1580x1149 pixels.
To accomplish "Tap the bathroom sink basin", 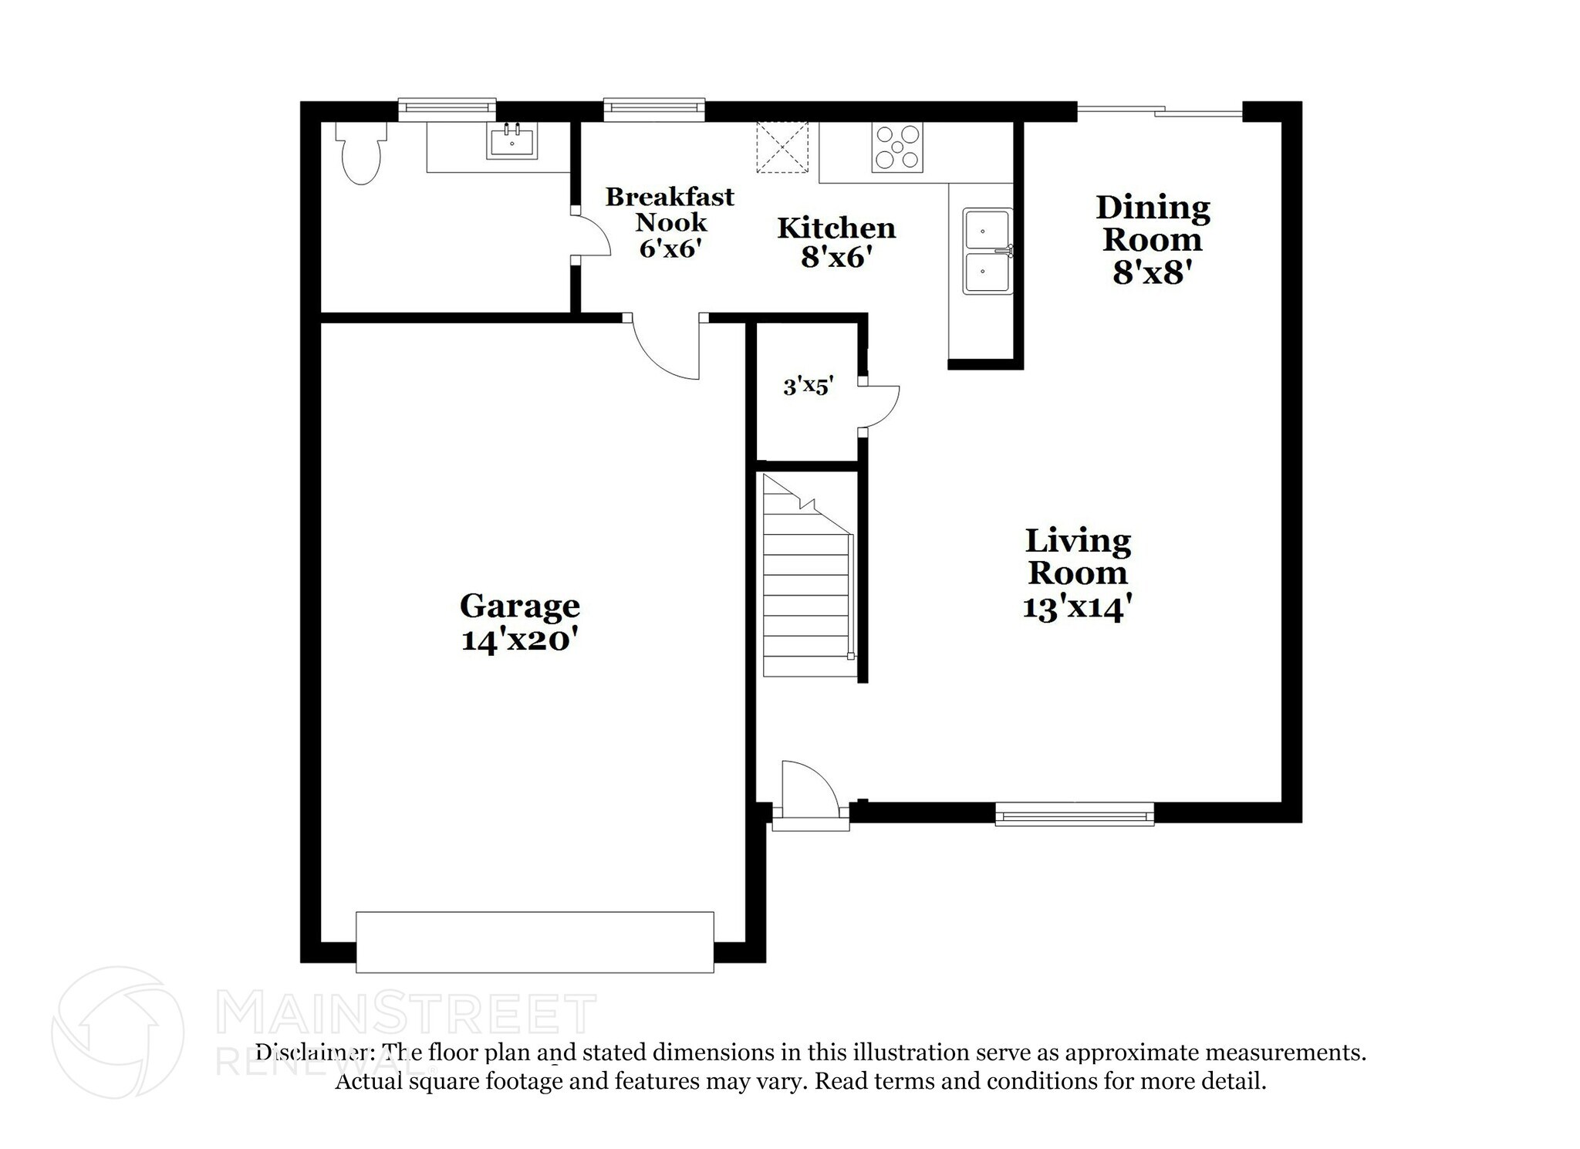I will coord(511,143).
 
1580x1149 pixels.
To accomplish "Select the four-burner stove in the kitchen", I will coord(896,147).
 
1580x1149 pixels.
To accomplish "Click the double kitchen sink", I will coord(987,251).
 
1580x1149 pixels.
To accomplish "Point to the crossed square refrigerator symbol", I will coord(782,147).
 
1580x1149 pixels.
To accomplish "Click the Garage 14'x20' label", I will coord(519,622).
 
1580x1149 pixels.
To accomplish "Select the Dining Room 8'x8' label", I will coord(1152,239).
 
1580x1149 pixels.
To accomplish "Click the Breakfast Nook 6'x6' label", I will coord(670,221).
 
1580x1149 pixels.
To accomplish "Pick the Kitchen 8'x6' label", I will coord(836,242).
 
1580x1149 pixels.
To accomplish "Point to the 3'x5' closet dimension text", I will coord(808,386).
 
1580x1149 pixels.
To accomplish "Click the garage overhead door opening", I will coord(535,941).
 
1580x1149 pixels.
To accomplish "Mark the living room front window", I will coord(1074,814).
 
